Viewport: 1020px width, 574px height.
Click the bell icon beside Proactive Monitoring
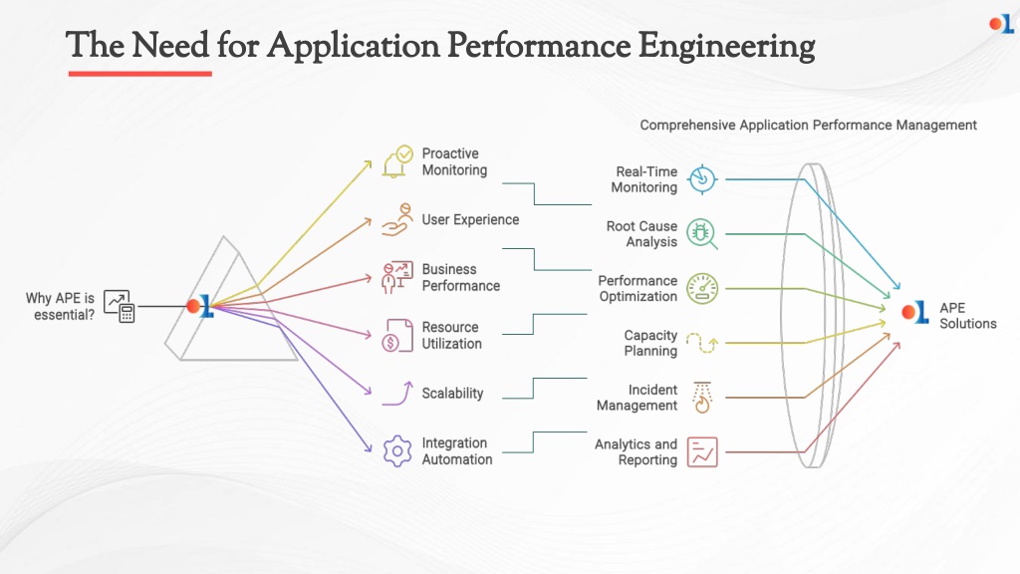[396, 161]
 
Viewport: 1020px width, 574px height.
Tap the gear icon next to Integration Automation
[396, 451]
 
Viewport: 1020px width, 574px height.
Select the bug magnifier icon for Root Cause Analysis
[702, 233]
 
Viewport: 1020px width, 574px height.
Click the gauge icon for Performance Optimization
[702, 288]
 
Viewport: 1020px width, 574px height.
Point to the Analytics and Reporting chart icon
[702, 452]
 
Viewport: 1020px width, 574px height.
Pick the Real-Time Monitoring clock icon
[702, 179]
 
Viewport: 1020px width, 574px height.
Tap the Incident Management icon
[702, 398]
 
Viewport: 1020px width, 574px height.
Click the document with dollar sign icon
[396, 335]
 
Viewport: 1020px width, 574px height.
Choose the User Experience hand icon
[396, 220]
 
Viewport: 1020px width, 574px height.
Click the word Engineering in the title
[726, 47]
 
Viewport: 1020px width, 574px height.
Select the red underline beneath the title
[139, 74]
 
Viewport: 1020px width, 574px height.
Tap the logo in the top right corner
[1001, 24]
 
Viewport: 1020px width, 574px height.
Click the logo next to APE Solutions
[914, 312]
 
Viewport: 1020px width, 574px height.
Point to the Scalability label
[453, 393]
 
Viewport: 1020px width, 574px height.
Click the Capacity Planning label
[650, 343]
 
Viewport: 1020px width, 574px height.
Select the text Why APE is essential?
[60, 307]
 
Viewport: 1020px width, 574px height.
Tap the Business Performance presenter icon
[396, 277]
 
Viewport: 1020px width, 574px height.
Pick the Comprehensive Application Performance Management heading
[808, 125]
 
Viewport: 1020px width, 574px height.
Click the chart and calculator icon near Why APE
[120, 307]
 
